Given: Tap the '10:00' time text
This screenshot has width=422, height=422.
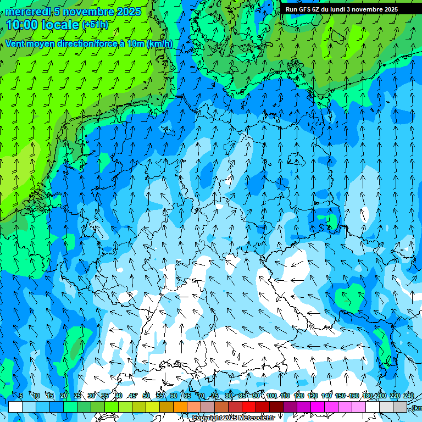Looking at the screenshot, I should pos(21,25).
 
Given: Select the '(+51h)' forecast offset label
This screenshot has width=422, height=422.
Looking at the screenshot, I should pos(95,25).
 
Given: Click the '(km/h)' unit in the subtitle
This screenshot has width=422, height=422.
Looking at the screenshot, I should pos(159,44).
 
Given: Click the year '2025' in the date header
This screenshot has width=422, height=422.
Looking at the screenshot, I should pos(129,12).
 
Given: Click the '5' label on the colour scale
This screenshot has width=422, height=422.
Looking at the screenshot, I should pos(21,396).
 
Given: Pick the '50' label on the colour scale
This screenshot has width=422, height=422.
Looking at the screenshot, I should pos(146,396).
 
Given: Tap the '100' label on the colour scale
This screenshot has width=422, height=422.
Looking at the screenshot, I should pos(271,396).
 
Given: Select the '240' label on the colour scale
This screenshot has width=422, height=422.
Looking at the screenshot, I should pos(409,396).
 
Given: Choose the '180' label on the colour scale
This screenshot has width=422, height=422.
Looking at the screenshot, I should pos(367,396).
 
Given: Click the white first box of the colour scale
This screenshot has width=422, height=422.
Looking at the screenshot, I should pos(15,407).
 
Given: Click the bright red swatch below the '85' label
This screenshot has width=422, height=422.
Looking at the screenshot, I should pos(249,407).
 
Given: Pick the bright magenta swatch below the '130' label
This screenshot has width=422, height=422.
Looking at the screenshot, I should pos(318,407).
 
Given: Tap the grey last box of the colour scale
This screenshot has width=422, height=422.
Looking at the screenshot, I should pos(400,407).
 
